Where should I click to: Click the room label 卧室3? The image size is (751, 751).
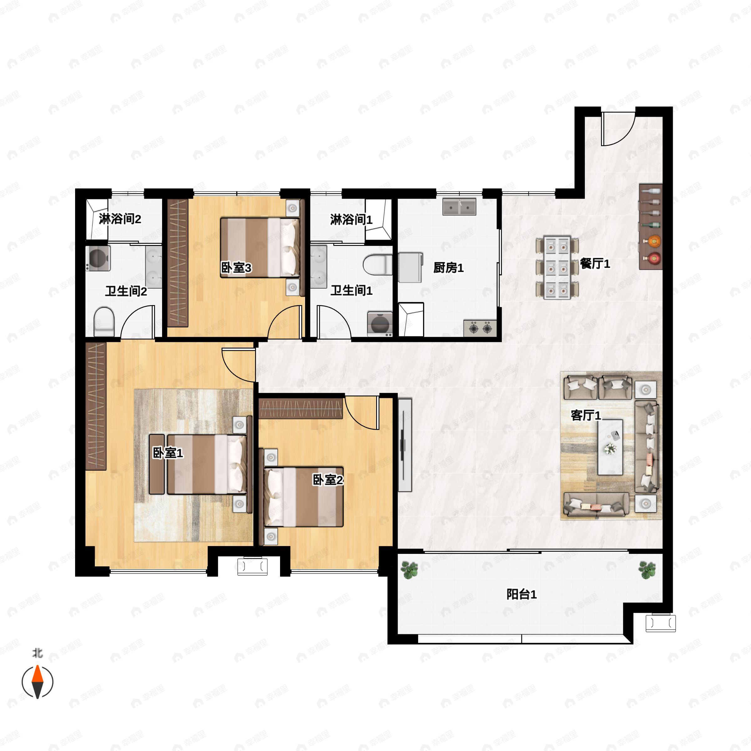click(x=236, y=268)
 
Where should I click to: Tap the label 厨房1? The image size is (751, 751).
click(x=448, y=268)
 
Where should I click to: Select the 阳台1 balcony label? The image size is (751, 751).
click(x=521, y=594)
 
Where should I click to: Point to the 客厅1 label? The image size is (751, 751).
click(x=585, y=416)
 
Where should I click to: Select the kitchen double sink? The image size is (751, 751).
click(x=459, y=207)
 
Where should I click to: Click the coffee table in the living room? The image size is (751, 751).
click(x=610, y=447)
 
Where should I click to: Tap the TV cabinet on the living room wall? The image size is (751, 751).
click(x=405, y=445)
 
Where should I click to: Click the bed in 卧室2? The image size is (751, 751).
click(x=304, y=497)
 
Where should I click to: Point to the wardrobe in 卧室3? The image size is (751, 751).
click(x=178, y=263)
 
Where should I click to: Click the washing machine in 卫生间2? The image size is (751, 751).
click(x=98, y=258)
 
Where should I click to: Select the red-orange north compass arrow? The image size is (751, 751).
click(x=37, y=674)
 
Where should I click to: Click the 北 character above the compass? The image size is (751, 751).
click(x=37, y=653)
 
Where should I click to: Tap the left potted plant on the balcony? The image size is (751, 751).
click(x=409, y=570)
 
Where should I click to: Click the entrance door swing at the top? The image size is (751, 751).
click(x=618, y=128)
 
